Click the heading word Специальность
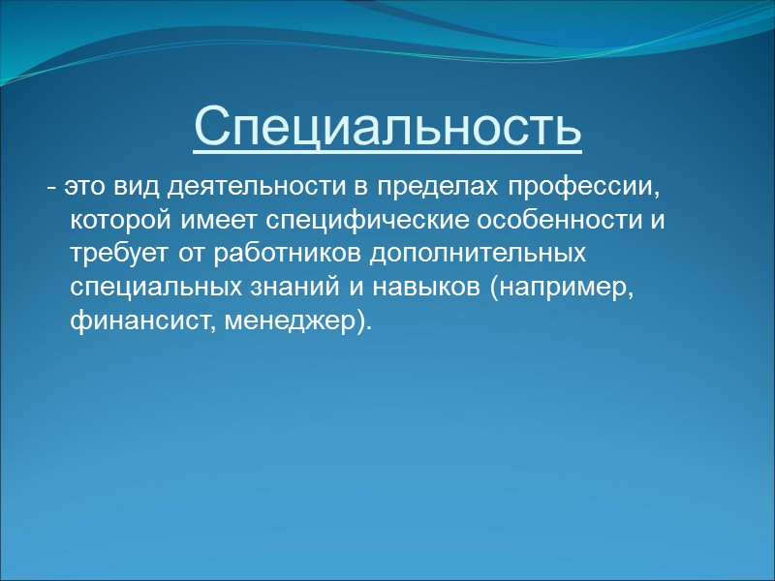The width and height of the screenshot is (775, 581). tap(387, 127)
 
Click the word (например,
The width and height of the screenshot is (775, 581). tap(563, 288)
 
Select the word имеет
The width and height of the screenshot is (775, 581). tap(220, 220)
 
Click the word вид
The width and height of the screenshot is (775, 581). tap(121, 185)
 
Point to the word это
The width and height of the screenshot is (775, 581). tap(78, 185)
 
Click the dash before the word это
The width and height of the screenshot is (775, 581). tap(50, 186)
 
